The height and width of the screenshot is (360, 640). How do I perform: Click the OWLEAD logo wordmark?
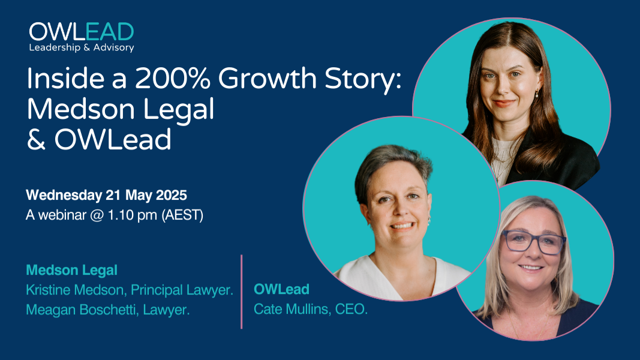pos(82,32)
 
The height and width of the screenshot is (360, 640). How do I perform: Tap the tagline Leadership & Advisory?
pos(82,47)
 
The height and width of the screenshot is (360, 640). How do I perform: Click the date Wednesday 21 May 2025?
pos(107,196)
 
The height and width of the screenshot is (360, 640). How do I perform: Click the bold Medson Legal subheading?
pos(71,271)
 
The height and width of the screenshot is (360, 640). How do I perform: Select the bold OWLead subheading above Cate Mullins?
pos(281,289)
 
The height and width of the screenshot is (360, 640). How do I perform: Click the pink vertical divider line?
pos(242,292)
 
